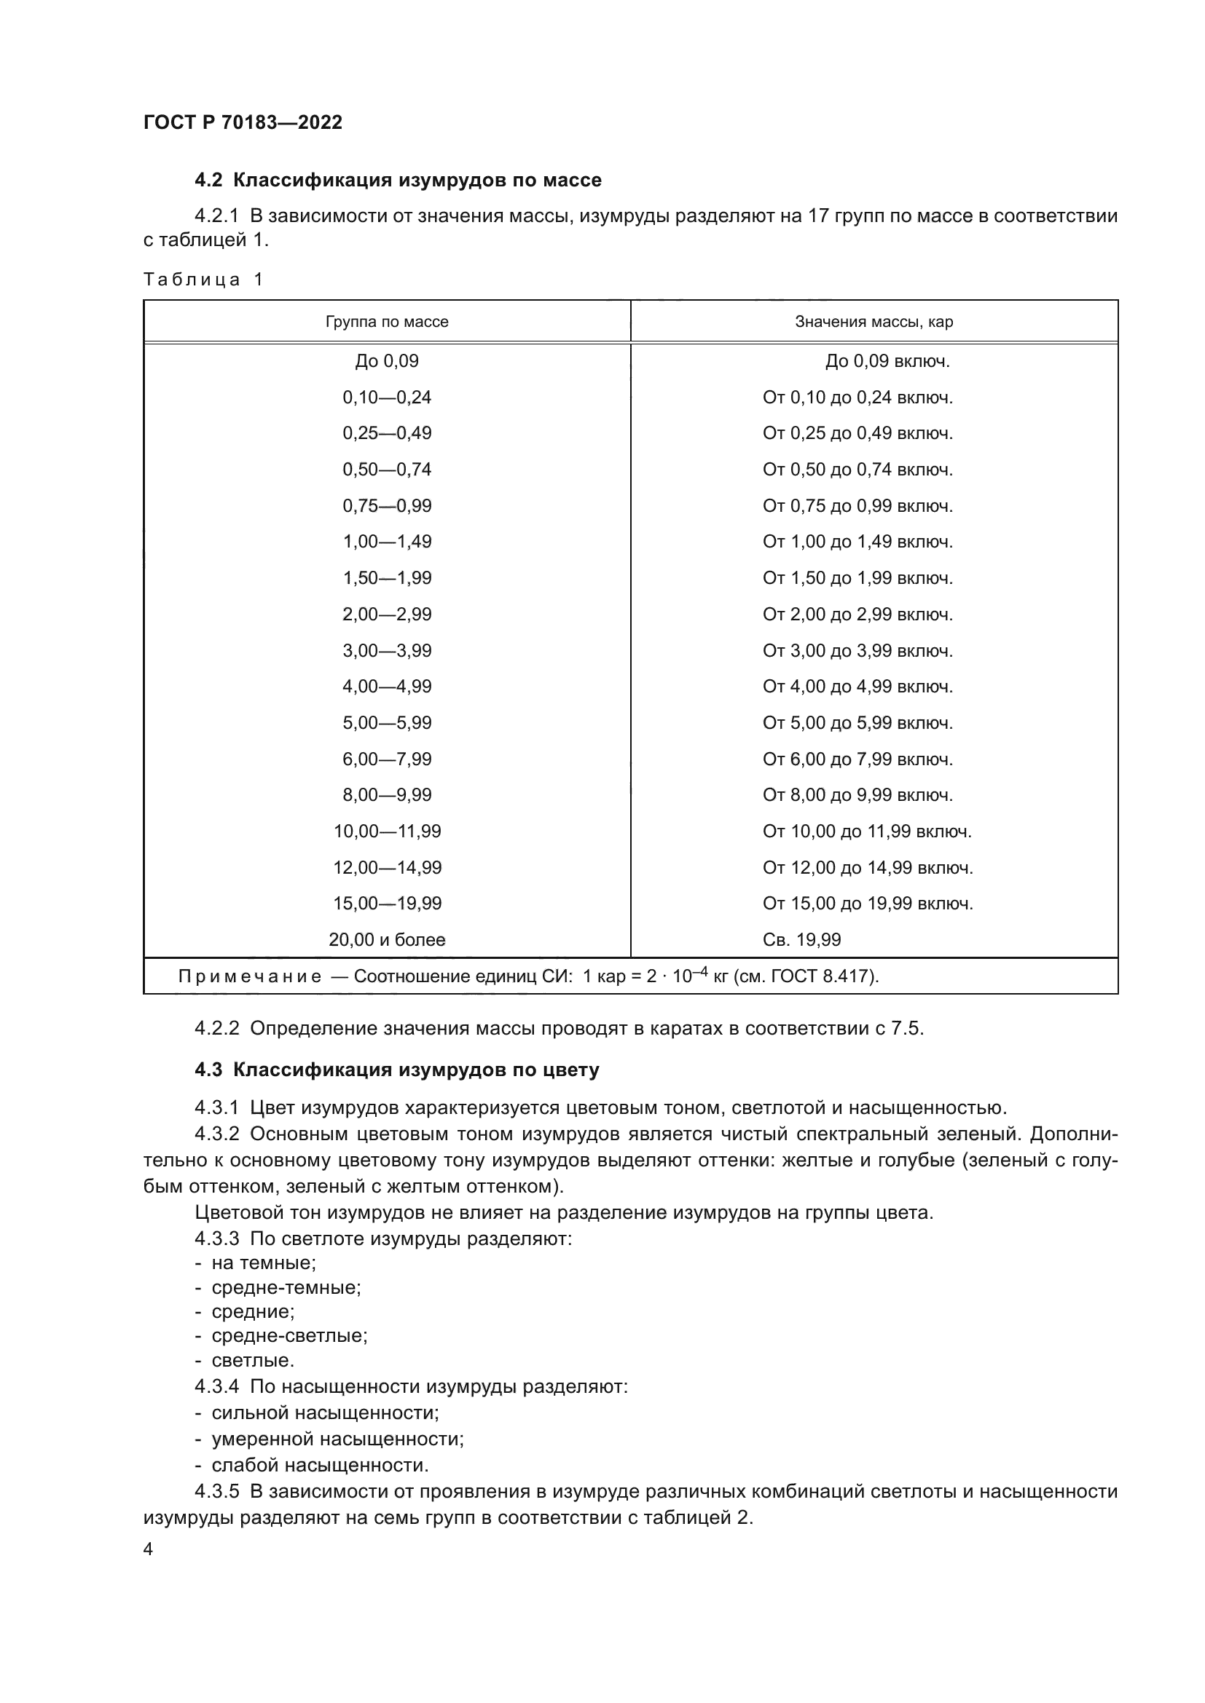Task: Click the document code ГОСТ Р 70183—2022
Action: pos(243,122)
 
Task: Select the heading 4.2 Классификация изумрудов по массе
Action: pos(398,181)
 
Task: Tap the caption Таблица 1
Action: pos(203,280)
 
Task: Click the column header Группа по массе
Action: pos(387,322)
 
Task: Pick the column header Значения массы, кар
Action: pos(874,322)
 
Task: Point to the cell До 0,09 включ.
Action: pos(887,361)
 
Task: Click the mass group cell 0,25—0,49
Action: pos(387,433)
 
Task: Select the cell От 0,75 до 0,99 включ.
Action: pos(857,506)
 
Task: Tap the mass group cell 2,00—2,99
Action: pos(387,615)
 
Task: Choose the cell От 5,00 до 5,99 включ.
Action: pos(857,722)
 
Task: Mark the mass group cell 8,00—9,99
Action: pos(387,795)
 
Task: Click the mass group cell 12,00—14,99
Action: pos(387,867)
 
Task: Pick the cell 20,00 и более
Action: pos(387,940)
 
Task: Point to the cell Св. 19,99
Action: pos(801,940)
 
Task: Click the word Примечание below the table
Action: pos(249,976)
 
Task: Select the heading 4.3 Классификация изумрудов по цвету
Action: pos(397,1070)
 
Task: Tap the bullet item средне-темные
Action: pos(286,1288)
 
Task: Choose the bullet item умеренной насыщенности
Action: pos(337,1439)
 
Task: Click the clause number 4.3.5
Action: pos(216,1491)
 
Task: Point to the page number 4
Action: pos(148,1549)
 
